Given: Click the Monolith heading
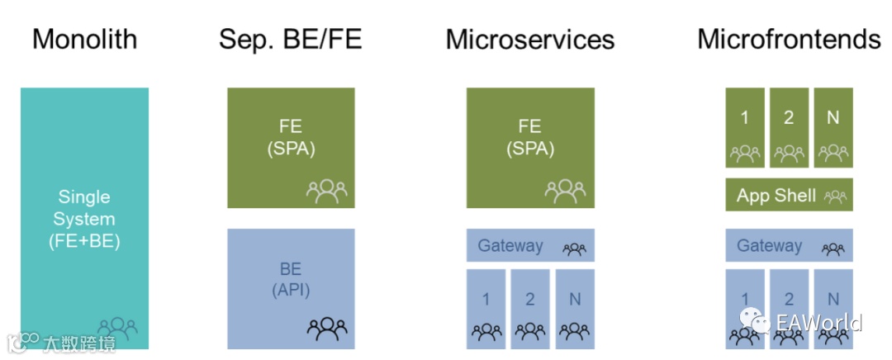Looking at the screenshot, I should tap(84, 39).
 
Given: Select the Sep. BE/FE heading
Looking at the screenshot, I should tap(290, 39).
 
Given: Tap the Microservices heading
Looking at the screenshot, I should tap(530, 39).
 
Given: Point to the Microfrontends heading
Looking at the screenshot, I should tap(789, 39).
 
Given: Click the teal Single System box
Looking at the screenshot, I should tap(84, 218).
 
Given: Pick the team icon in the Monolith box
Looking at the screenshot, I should tap(117, 328).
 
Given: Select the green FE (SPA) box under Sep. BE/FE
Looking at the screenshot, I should tap(291, 148).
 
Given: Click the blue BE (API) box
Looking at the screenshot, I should tap(291, 288).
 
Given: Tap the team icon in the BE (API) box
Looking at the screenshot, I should tap(327, 329).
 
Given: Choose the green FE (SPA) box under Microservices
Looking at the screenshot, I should tap(530, 148).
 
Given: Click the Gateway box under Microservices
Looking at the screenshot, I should tap(530, 245).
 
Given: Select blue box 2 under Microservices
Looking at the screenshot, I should tap(530, 307).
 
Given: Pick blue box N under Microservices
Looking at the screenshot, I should tap(574, 307).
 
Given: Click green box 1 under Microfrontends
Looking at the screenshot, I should tap(745, 128).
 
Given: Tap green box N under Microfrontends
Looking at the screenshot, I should tap(833, 128).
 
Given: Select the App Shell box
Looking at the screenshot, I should tap(789, 196).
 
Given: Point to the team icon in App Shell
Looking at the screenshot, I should tap(835, 197).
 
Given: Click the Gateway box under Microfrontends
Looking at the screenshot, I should tap(789, 245).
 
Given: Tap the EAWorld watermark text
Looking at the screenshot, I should tap(818, 321).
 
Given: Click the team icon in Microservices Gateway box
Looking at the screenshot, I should tap(575, 247).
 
